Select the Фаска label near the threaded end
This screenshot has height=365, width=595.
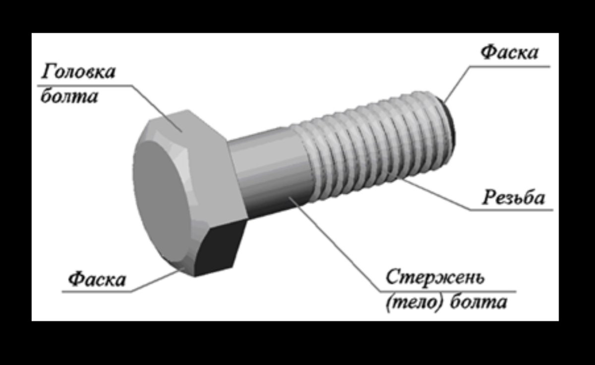pos(510,53)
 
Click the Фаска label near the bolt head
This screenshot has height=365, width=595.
pos(97,279)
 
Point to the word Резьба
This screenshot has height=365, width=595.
pos(514,198)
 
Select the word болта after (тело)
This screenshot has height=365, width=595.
pos(478,302)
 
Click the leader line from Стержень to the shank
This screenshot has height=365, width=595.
pos(337,243)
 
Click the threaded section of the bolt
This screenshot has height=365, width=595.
pos(372,144)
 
